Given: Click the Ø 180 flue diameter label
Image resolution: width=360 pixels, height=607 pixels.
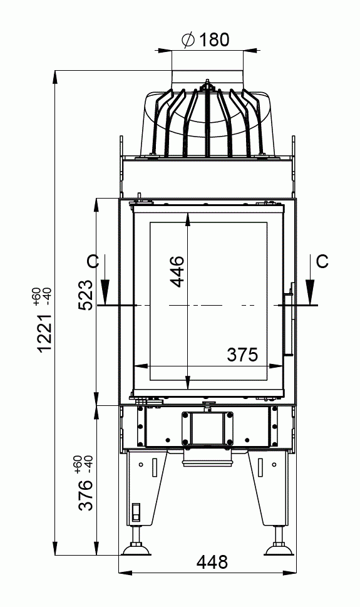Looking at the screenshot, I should (x=205, y=40).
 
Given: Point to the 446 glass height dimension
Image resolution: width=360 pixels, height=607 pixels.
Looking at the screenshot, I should (x=177, y=271).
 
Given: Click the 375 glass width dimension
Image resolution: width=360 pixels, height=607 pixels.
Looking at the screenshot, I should (x=242, y=355).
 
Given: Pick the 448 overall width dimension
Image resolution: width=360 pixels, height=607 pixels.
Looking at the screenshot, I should (x=212, y=563).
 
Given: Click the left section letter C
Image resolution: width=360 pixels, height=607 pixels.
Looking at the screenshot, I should (x=93, y=262).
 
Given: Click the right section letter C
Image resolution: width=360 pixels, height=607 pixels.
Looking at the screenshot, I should (x=322, y=261).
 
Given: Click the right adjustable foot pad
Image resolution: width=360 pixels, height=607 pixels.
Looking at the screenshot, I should (x=279, y=550).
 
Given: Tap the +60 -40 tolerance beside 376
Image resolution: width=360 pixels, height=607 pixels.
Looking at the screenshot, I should (x=83, y=465).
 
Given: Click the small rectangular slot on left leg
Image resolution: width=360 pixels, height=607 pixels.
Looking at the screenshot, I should (x=135, y=512).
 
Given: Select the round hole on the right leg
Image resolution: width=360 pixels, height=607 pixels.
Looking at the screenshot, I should (x=274, y=464).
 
